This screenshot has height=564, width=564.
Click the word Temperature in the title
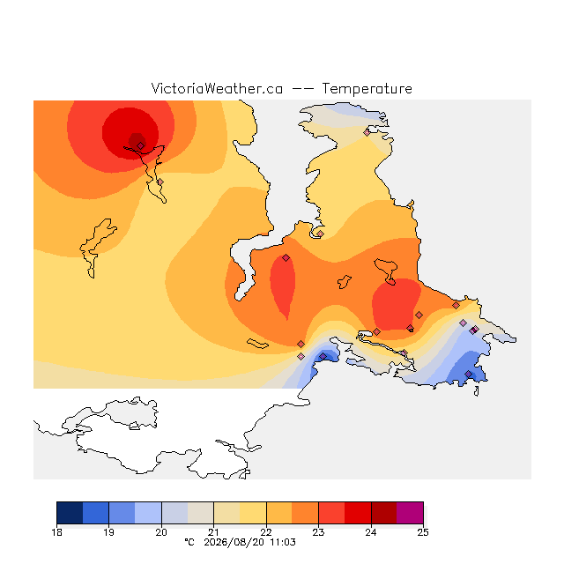click(367, 88)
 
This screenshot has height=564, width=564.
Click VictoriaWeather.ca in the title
click(217, 88)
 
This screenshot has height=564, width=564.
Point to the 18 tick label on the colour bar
click(56, 532)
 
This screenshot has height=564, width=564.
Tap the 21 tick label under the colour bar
click(213, 532)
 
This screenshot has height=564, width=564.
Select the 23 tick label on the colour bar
click(318, 532)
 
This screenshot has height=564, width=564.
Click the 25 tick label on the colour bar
click(423, 532)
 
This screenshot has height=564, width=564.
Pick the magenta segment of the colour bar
click(410, 513)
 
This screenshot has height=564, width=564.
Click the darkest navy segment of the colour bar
click(70, 513)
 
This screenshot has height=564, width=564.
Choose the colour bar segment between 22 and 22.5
click(279, 513)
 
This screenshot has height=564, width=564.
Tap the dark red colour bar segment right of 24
click(384, 513)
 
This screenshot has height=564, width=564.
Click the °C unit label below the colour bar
click(189, 542)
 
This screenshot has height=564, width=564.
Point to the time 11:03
click(283, 542)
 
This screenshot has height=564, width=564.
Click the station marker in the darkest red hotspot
click(141, 145)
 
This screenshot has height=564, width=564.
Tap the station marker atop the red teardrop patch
click(286, 257)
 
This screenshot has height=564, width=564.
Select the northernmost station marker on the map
click(367, 133)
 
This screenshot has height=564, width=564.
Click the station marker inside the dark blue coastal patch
click(323, 356)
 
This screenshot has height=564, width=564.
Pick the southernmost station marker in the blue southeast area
click(468, 375)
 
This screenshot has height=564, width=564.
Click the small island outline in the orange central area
click(345, 282)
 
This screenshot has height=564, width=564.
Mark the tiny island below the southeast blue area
click(477, 391)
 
